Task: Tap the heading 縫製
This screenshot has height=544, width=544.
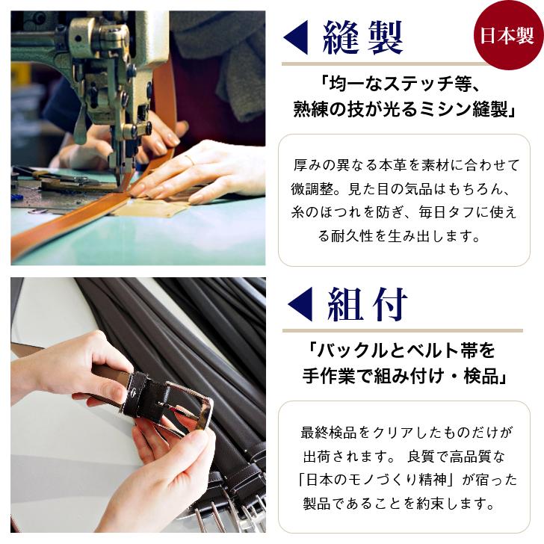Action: (x=363, y=37)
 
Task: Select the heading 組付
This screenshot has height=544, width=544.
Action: (x=367, y=304)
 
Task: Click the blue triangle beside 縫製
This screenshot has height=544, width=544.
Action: (x=296, y=37)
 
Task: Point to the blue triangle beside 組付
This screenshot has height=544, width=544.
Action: (x=300, y=304)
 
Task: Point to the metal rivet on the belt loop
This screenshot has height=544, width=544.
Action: (x=135, y=393)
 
